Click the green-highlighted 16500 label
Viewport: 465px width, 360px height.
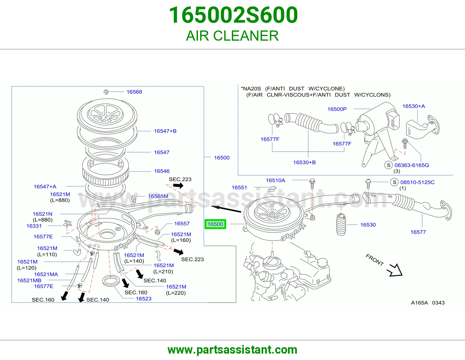click(x=215, y=224)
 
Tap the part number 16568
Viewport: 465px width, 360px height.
click(x=134, y=92)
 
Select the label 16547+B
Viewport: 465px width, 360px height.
click(x=165, y=131)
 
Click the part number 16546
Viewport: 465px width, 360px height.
click(x=162, y=171)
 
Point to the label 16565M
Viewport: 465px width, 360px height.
click(x=158, y=196)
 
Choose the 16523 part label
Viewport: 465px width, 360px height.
click(x=144, y=299)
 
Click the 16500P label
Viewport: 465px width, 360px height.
click(x=337, y=109)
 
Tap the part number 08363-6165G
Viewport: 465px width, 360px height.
click(x=412, y=165)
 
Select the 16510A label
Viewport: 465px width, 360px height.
click(x=276, y=180)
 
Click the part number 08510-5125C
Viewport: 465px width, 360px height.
click(x=418, y=182)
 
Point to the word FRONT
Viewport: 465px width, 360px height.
click(x=375, y=260)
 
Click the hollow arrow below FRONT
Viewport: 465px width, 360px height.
click(x=395, y=270)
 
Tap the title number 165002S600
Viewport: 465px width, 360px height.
click(x=233, y=15)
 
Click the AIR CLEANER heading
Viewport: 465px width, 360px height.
click(x=233, y=36)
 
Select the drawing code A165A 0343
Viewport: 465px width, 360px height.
click(x=428, y=303)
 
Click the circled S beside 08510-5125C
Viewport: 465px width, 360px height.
click(x=394, y=182)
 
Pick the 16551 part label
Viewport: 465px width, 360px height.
click(x=239, y=188)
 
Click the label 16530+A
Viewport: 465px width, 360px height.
click(x=414, y=106)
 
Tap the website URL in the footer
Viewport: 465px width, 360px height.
click(x=233, y=350)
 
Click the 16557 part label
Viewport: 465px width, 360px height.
click(x=182, y=223)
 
